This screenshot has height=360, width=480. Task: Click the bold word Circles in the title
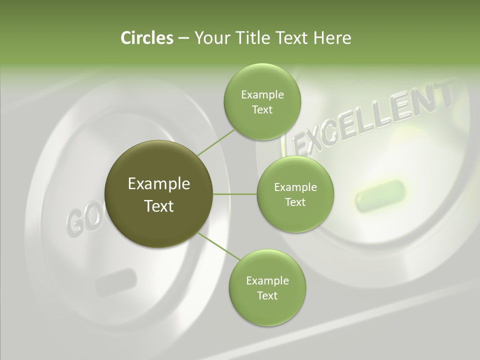(x=146, y=38)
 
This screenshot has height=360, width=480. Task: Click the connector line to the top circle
(x=216, y=142)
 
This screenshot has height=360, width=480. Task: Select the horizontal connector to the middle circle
(x=235, y=194)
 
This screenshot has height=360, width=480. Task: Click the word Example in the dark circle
(x=159, y=184)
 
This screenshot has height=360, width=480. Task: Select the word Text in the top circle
(x=262, y=110)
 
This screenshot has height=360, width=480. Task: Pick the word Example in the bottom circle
(x=267, y=280)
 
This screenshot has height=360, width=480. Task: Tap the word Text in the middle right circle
(x=295, y=202)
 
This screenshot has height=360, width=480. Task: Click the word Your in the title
(x=210, y=38)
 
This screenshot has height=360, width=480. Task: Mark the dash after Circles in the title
(x=183, y=38)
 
